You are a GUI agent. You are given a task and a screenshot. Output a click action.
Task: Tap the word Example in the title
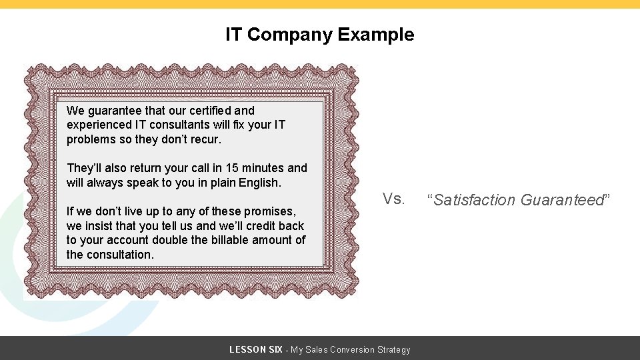click(x=376, y=35)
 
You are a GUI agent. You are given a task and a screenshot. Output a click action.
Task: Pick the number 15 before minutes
click(x=231, y=168)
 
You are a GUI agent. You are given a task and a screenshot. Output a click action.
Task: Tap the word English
click(x=260, y=182)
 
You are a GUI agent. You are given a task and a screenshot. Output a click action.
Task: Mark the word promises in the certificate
click(x=270, y=211)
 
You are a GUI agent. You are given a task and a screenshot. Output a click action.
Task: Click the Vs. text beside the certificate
click(x=393, y=199)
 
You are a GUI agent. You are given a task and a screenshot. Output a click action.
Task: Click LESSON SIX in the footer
click(x=255, y=349)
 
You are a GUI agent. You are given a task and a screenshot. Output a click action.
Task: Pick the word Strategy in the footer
click(x=391, y=349)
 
